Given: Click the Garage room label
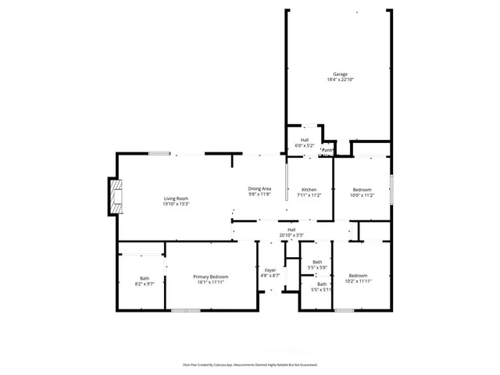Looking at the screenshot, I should point(341,74).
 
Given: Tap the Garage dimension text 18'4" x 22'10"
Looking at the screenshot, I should point(341,80).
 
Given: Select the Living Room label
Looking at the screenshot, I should point(177,198).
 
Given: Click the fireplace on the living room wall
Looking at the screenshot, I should point(115,198).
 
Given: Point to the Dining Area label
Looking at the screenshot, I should point(259,189).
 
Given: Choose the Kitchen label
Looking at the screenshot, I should point(309,190).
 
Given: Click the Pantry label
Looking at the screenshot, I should point(327,150).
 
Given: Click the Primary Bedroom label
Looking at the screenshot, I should point(211,277).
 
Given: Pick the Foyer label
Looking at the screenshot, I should point(270,270).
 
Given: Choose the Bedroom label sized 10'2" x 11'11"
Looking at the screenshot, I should point(358,277).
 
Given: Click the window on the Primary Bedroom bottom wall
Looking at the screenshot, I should point(186,310).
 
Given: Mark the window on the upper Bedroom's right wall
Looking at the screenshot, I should point(390,190).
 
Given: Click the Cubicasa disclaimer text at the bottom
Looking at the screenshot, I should point(250,364).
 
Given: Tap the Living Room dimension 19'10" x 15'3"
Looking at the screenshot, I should point(177,204).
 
